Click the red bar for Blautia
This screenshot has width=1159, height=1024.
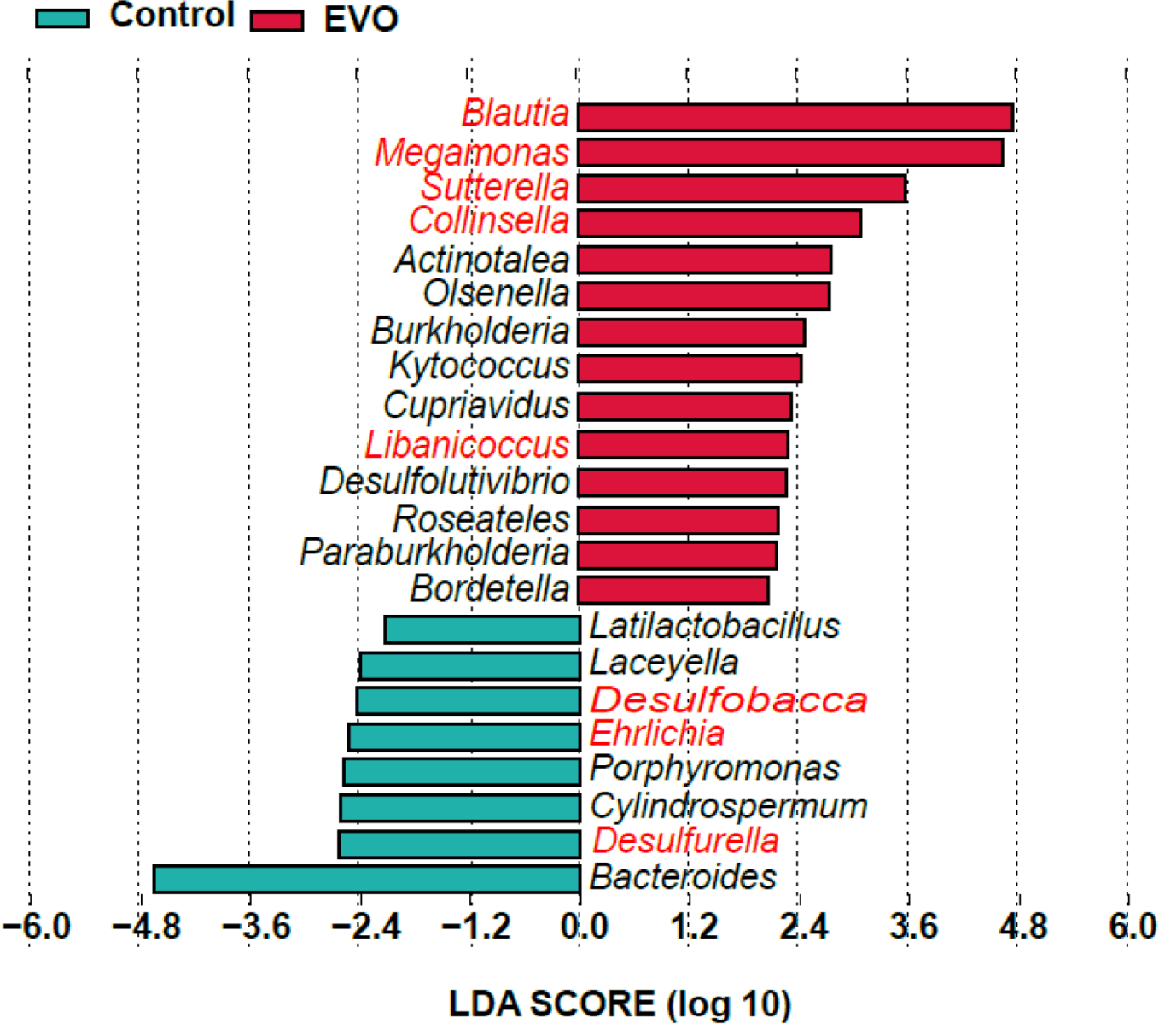[795, 117]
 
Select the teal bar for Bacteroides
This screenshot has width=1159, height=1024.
[367, 879]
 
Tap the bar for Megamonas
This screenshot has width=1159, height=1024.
[790, 152]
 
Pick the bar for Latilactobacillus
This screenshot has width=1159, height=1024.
[483, 629]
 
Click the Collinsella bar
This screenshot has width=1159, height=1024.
[719, 223]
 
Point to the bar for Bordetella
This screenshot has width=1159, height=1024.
[673, 589]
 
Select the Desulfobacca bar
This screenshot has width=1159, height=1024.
[469, 700]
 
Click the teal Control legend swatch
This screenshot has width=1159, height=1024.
[62, 18]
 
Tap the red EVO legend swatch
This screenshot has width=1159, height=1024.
[277, 20]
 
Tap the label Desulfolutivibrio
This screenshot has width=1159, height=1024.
[445, 481]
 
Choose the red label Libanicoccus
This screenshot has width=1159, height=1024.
[467, 444]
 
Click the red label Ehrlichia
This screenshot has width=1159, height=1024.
[656, 733]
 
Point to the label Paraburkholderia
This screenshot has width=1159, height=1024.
[434, 553]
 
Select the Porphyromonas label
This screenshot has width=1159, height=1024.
[714, 769]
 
